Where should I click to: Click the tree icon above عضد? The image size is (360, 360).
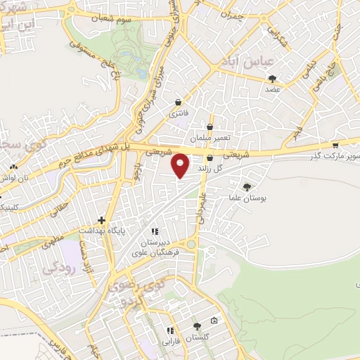pyautogui.click(x=273, y=79)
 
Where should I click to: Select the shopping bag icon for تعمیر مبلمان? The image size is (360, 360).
pyautogui.click(x=210, y=127)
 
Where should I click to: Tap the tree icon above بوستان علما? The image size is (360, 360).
pyautogui.click(x=246, y=186)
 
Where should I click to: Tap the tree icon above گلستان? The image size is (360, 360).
pyautogui.click(x=197, y=326)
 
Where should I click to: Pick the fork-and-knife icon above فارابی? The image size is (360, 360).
pyautogui.click(x=169, y=330)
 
